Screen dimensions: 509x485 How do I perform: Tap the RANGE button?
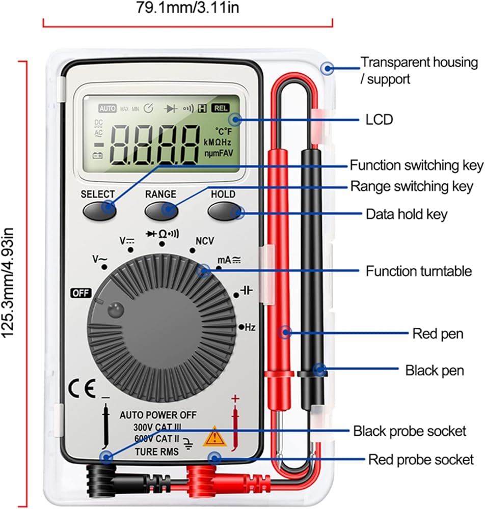[160, 210]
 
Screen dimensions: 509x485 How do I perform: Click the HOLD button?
[223, 210]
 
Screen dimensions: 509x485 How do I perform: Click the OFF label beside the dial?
[80, 293]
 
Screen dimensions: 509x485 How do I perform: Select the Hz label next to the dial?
[250, 328]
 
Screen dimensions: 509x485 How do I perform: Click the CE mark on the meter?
[81, 389]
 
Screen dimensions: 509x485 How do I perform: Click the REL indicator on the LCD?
[221, 108]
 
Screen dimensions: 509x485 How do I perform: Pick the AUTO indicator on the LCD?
[107, 108]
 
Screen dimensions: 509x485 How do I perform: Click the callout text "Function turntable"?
[419, 271]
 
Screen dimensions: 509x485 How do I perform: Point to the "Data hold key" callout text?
[407, 214]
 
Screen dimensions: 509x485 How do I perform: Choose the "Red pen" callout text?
[437, 334]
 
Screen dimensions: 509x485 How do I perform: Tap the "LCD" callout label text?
[380, 120]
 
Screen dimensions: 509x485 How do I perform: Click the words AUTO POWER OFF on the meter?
[158, 415]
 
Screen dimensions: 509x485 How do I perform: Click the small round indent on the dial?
[116, 308]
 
